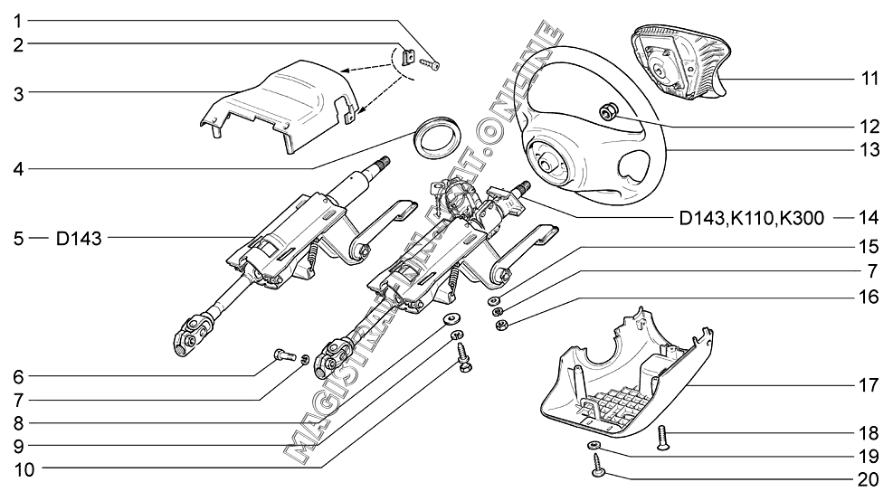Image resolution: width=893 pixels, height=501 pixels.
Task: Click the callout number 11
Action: (x=869, y=79)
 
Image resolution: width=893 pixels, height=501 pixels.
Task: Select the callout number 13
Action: (x=869, y=151)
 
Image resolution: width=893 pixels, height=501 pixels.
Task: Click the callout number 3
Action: (x=18, y=91)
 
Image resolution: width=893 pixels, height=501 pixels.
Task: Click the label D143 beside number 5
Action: (x=79, y=239)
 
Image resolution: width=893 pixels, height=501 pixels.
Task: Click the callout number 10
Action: (x=18, y=468)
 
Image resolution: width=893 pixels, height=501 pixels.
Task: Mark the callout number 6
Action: (x=18, y=375)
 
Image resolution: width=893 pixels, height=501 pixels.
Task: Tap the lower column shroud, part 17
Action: (x=624, y=380)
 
